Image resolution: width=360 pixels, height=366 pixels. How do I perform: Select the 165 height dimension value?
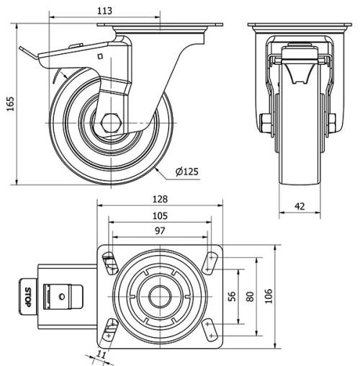[9, 104]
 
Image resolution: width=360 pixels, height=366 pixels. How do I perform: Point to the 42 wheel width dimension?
[300, 206]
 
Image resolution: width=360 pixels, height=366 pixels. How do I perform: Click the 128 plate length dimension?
[159, 199]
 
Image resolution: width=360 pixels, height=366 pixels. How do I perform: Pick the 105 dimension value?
[159, 215]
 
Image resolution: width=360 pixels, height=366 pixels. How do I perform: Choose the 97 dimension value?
[159, 231]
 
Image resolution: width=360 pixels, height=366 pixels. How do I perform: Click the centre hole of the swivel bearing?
[159, 296]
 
